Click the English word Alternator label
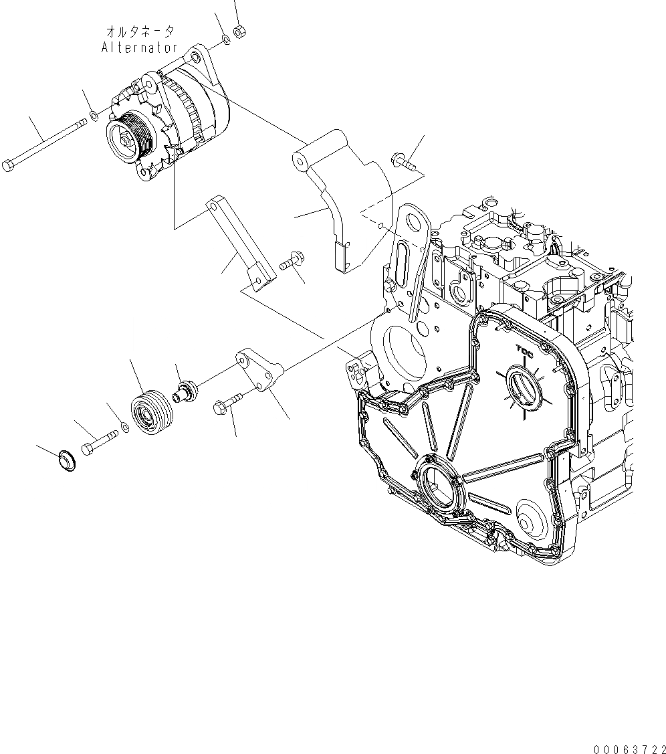point(140,48)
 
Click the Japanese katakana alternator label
point(140,31)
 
